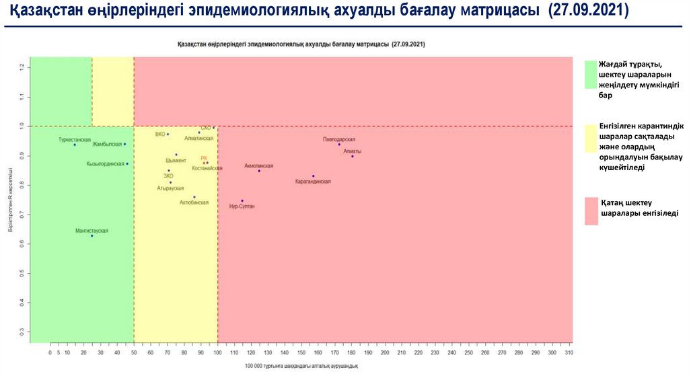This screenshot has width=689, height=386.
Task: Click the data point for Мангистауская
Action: click(92, 235)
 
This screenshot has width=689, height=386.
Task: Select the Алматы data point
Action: click(353, 156)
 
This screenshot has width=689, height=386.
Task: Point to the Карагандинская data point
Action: click(314, 176)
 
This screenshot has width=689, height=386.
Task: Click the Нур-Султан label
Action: click(242, 206)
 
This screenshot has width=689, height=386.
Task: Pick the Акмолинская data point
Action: click(259, 171)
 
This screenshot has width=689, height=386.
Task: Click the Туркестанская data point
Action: click(75, 145)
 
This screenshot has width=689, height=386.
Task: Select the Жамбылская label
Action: click(108, 144)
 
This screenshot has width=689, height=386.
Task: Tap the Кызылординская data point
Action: click(127, 163)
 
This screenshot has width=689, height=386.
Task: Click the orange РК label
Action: click(204, 158)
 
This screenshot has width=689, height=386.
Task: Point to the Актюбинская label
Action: click(194, 202)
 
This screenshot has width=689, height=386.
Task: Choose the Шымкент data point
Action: click(176, 155)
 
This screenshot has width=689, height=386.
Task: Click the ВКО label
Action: click(160, 134)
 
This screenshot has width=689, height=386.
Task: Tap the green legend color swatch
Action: click(591, 75)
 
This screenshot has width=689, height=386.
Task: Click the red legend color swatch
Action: click(591, 210)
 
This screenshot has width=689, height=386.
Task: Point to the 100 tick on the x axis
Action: click(217, 352)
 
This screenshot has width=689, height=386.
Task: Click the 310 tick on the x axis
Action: click(569, 352)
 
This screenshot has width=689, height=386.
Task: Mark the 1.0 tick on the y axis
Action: click(22, 126)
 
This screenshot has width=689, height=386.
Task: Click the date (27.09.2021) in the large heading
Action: click(589, 13)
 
